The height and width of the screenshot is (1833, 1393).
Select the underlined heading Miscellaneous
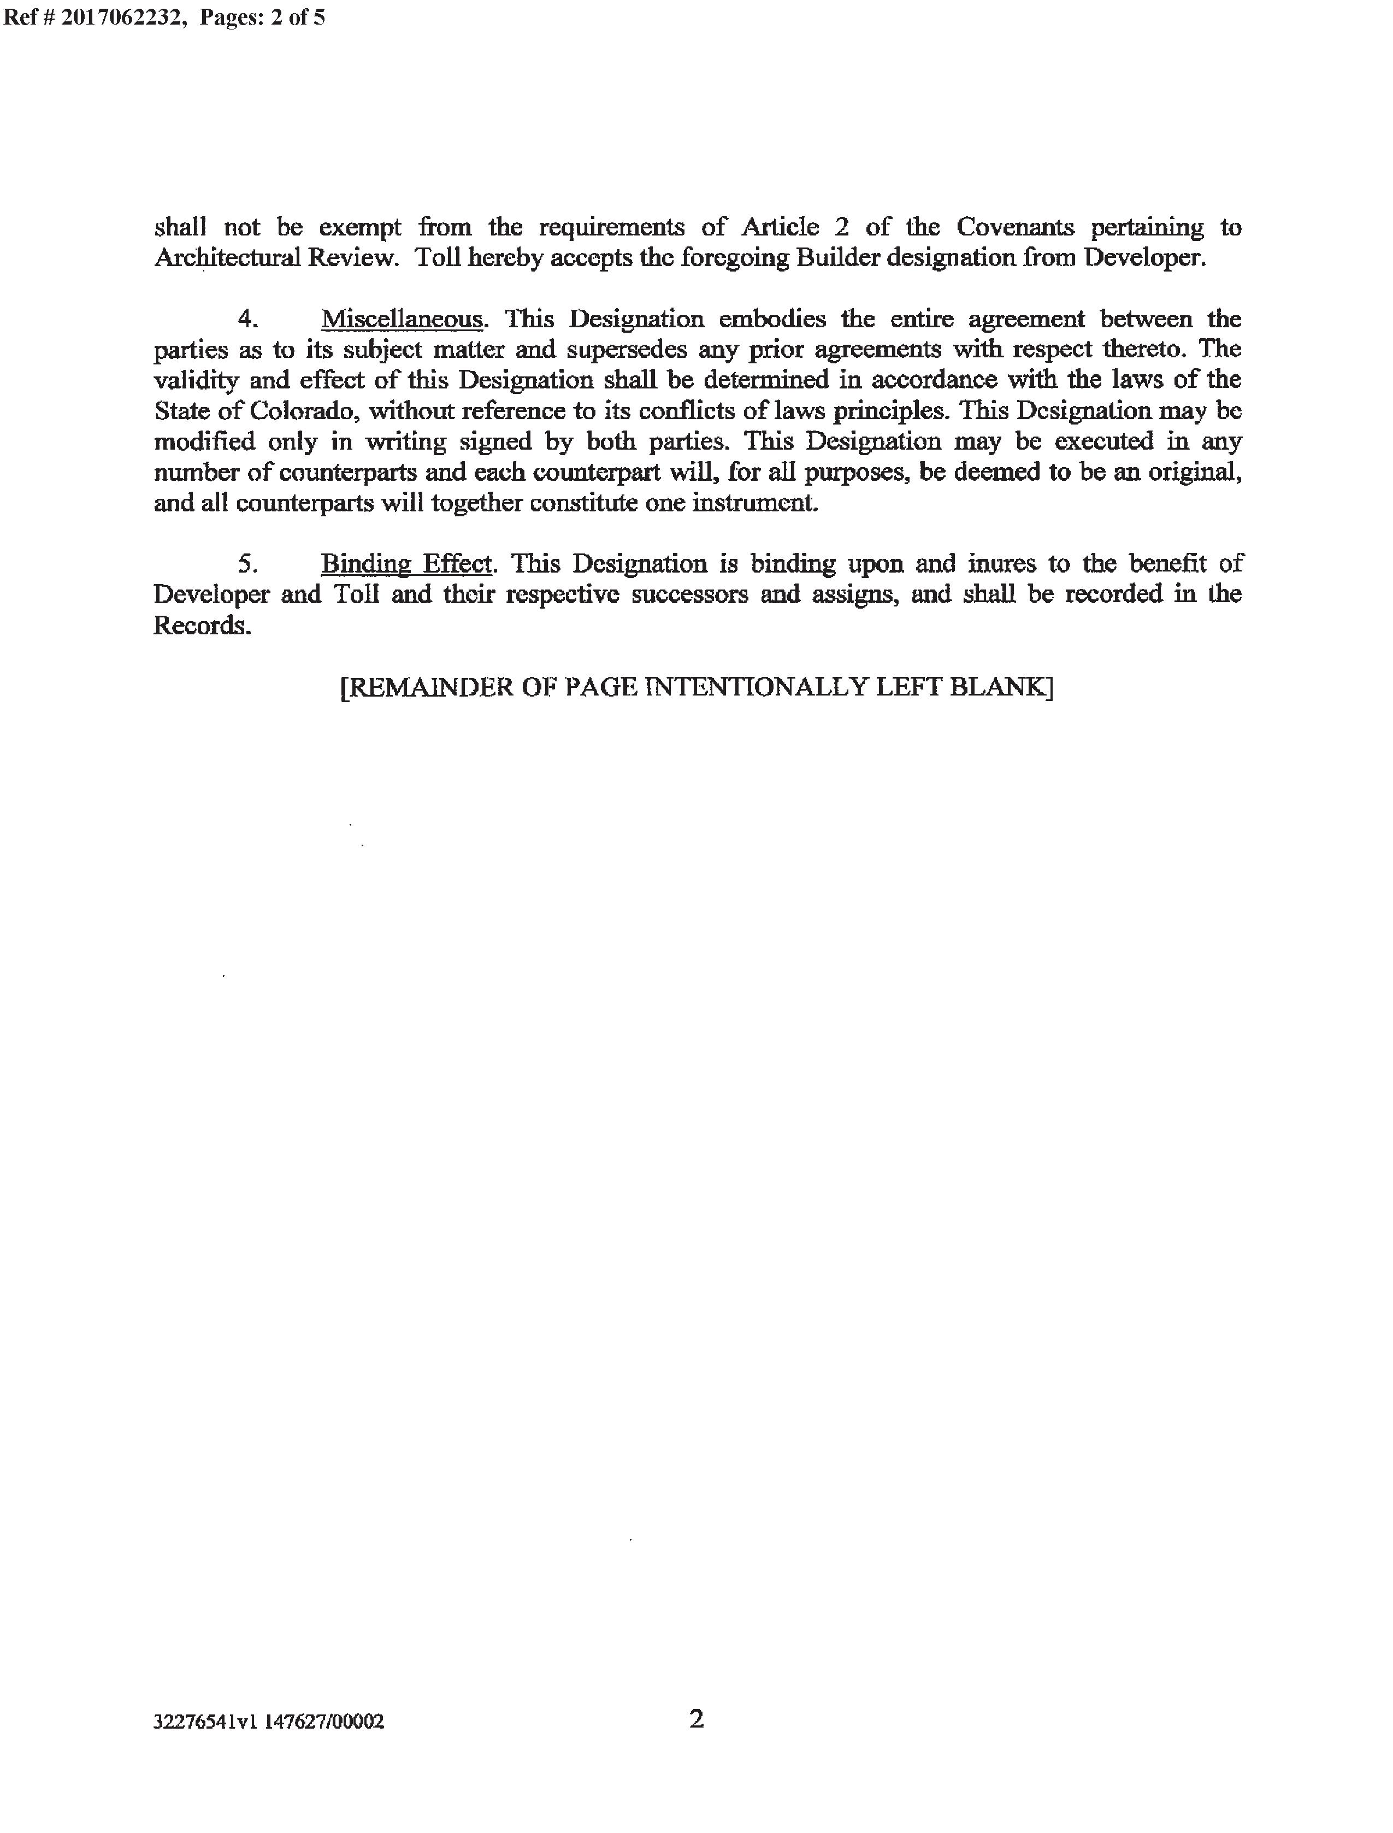point(402,319)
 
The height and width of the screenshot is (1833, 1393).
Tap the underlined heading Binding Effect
point(406,564)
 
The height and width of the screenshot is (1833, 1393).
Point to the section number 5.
point(247,564)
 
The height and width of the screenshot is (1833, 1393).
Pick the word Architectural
point(227,258)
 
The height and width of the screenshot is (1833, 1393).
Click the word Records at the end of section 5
point(202,626)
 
